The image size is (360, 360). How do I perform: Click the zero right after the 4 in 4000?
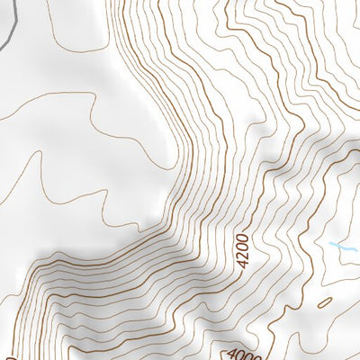tap(240, 354)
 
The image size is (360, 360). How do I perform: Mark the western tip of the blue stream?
tap(329, 242)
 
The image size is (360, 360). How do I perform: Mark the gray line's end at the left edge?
tap(1, 45)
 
